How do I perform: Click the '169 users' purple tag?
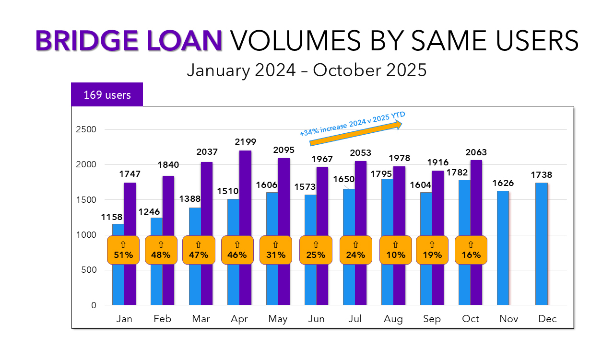[107, 94]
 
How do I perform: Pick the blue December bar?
[541, 244]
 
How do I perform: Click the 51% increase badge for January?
[123, 250]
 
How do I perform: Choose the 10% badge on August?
[395, 250]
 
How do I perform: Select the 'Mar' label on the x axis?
[201, 319]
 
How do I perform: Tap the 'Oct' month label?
[471, 319]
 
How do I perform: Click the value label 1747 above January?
[130, 174]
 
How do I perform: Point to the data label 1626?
[503, 183]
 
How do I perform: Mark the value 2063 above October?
[476, 152]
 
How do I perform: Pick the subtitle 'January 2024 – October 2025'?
[307, 70]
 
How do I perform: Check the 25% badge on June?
[316, 250]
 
